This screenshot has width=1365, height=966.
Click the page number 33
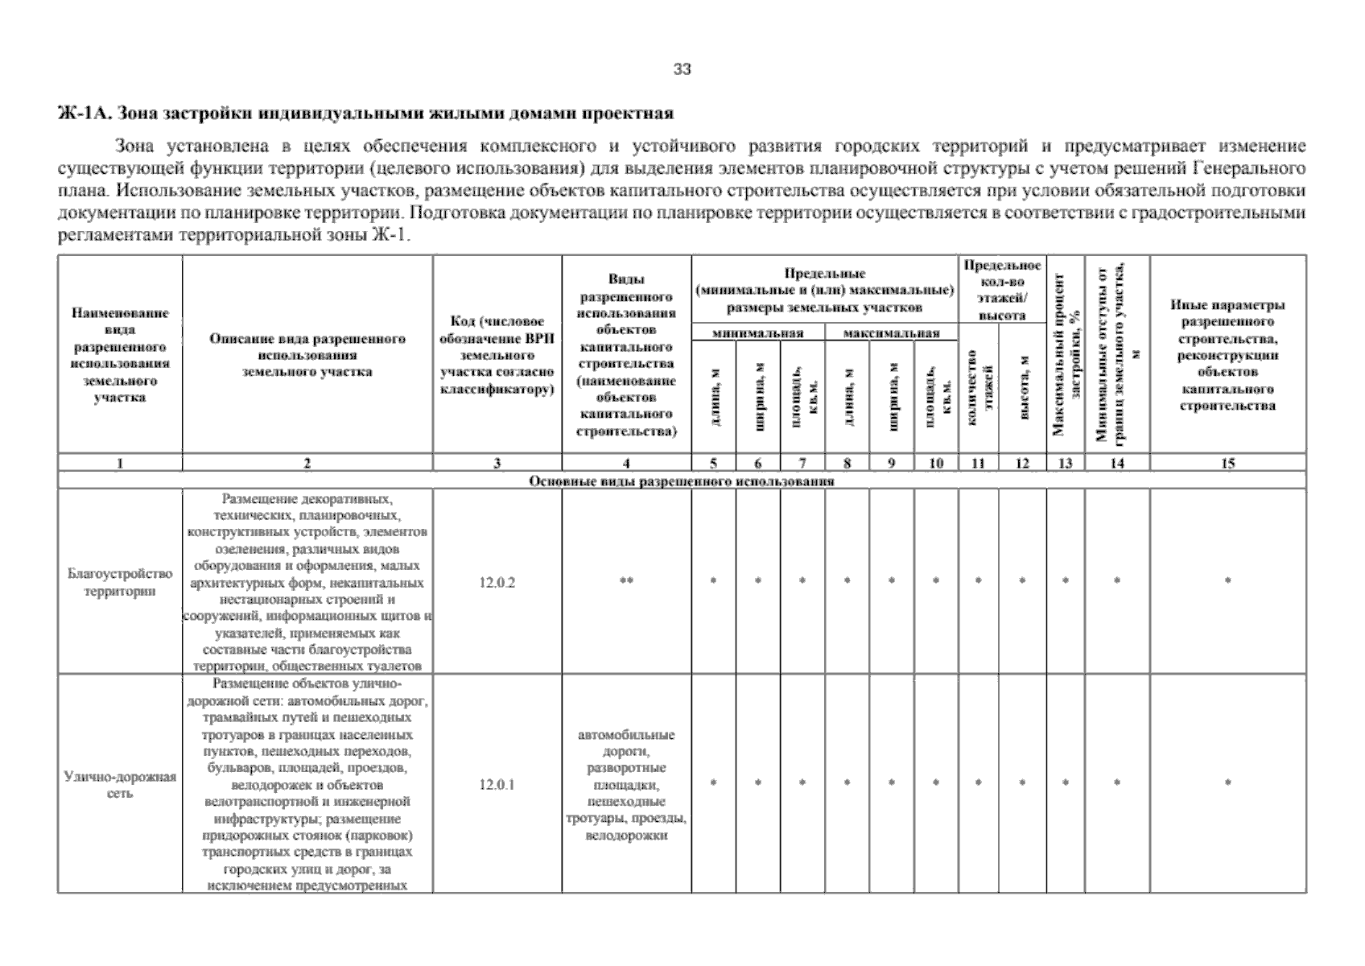[x=682, y=69]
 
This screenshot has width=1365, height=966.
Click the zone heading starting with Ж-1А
[x=366, y=113]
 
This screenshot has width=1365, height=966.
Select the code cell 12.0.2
[x=497, y=582]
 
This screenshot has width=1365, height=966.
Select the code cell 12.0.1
[x=497, y=784]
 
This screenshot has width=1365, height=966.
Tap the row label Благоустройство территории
[x=120, y=582]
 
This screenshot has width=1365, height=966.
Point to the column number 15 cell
[x=1227, y=463]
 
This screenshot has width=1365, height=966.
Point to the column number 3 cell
[x=497, y=463]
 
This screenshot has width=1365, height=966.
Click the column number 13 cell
[x=1065, y=463]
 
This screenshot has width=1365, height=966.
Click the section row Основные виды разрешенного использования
[x=681, y=481]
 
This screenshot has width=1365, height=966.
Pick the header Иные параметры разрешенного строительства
[x=1227, y=355]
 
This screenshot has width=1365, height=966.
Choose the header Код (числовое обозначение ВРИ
[x=497, y=355]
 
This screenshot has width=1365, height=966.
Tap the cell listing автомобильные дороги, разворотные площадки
[x=626, y=785]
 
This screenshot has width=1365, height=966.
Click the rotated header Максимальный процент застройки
[x=1065, y=355]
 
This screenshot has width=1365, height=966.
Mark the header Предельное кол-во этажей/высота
[x=1002, y=290]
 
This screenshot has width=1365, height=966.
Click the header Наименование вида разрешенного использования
[x=120, y=355]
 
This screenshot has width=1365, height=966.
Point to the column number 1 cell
[x=120, y=463]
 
